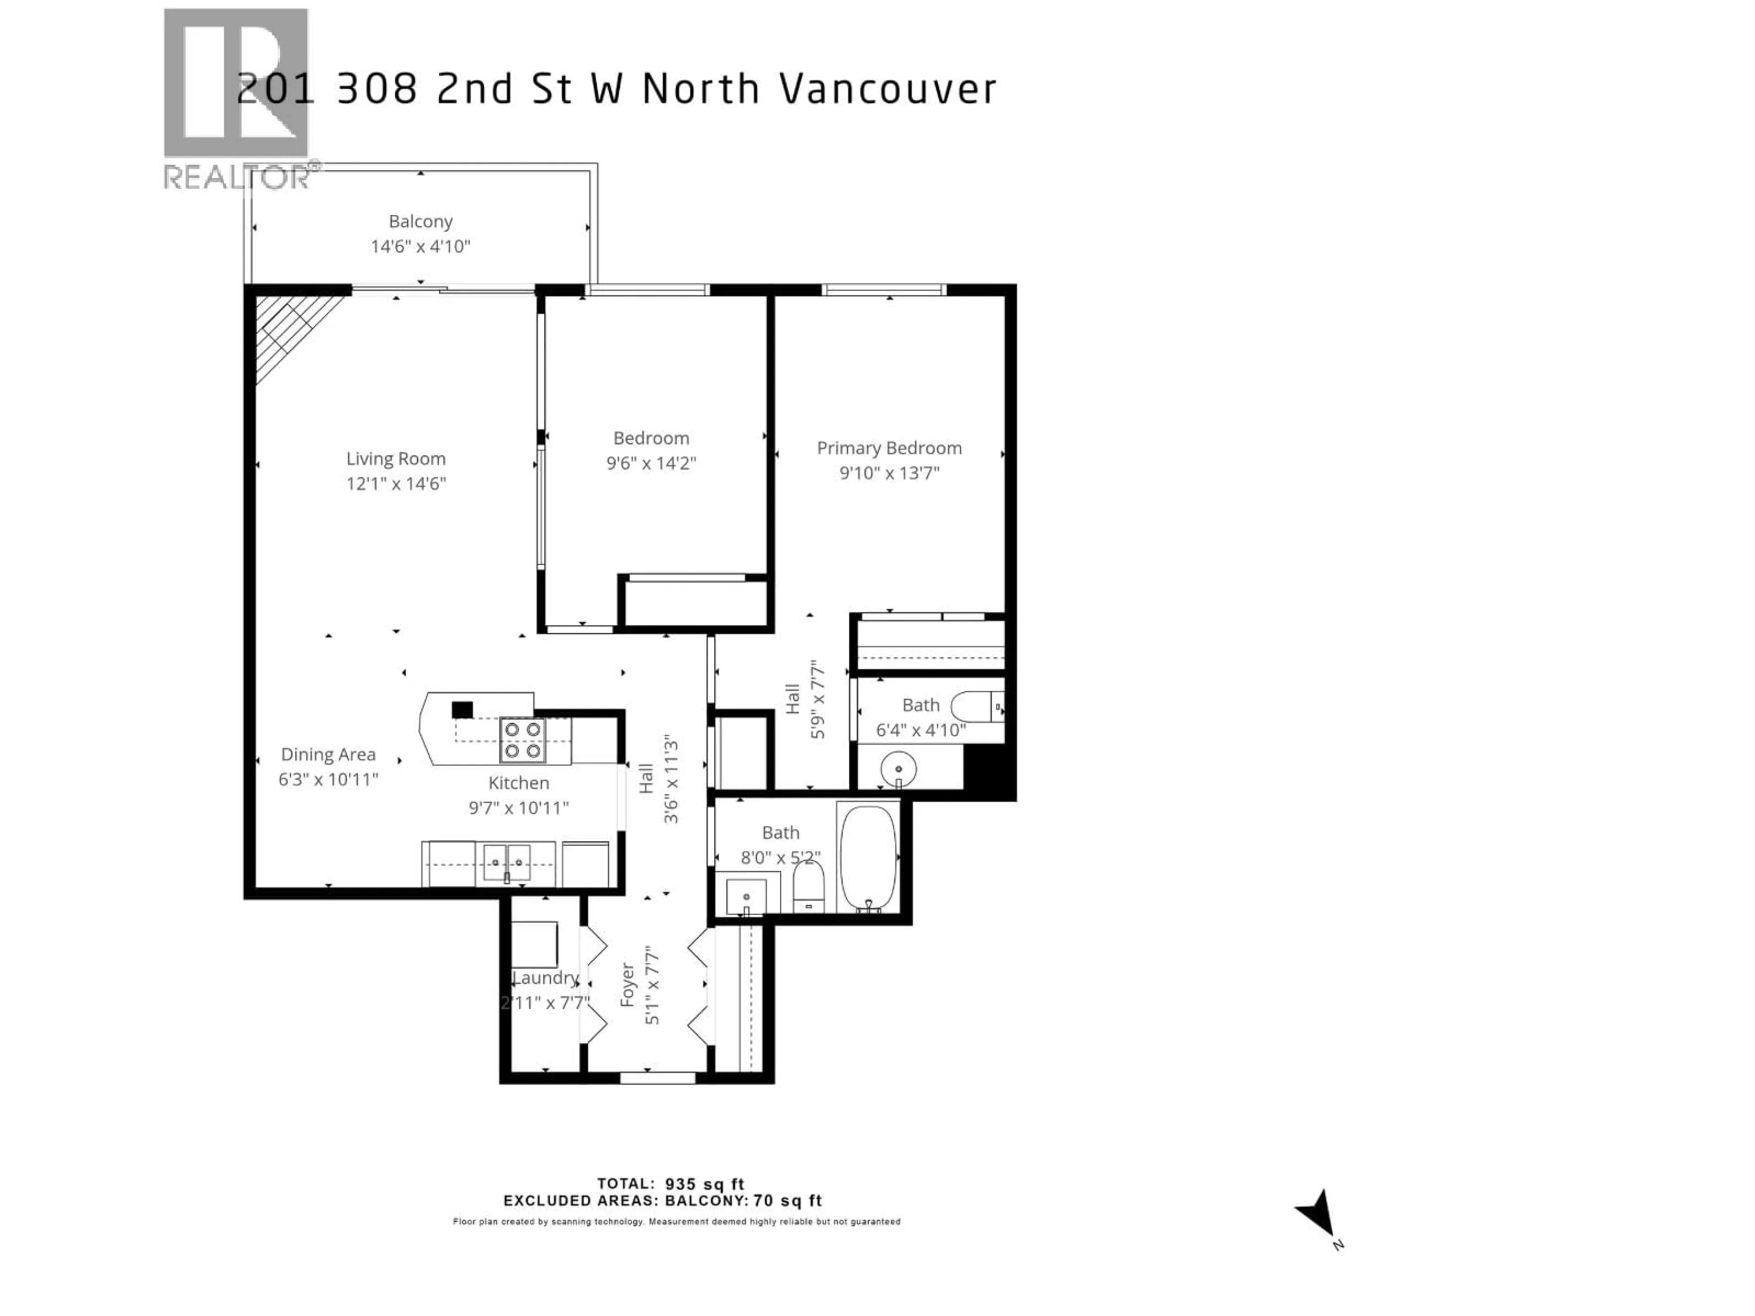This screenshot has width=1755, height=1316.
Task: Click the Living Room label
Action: tap(395, 458)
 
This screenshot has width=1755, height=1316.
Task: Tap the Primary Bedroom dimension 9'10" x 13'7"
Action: tap(889, 473)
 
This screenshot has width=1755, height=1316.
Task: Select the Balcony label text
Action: tap(420, 221)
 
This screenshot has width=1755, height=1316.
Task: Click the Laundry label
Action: tap(545, 978)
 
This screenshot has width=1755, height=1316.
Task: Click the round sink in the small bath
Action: tap(898, 769)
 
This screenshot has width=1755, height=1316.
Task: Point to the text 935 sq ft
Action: tap(705, 1184)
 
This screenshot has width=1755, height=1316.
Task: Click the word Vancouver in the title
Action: tap(888, 89)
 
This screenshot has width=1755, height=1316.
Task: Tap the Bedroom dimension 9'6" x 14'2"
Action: tap(651, 463)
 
